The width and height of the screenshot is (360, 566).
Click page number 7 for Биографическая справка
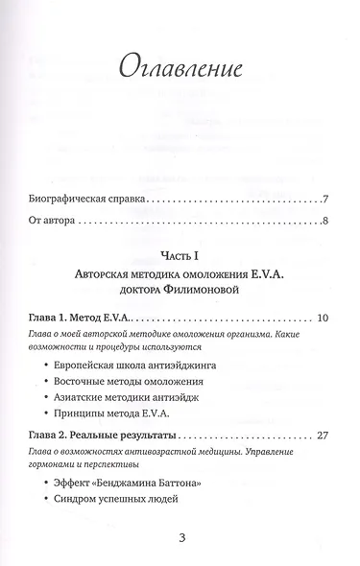click(x=326, y=200)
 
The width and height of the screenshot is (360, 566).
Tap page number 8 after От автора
click(x=326, y=223)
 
